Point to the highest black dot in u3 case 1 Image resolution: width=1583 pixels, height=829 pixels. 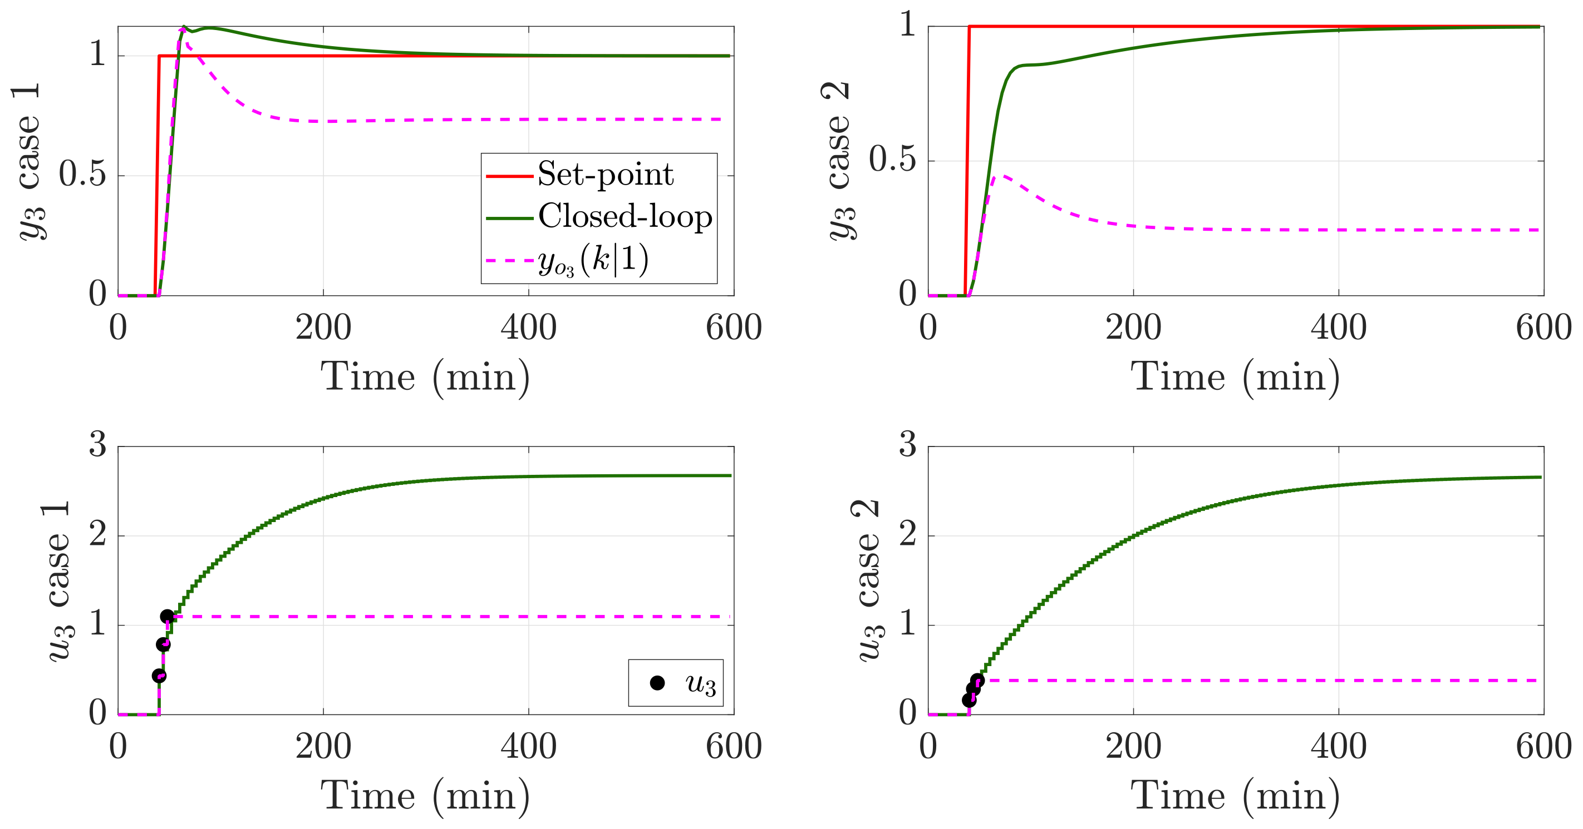point(166,616)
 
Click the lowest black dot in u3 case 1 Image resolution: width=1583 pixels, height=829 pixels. point(159,676)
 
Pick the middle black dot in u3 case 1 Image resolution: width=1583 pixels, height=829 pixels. point(163,644)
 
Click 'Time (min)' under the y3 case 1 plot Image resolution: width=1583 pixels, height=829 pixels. point(425,377)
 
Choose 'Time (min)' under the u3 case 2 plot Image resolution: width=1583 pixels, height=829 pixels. point(1235,796)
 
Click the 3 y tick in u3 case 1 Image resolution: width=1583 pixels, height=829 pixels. point(97,444)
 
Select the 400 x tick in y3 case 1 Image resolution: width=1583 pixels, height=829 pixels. point(528,327)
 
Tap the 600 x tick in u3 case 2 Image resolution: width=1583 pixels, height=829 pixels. point(1543,747)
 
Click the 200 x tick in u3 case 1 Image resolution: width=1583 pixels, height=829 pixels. point(323,747)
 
